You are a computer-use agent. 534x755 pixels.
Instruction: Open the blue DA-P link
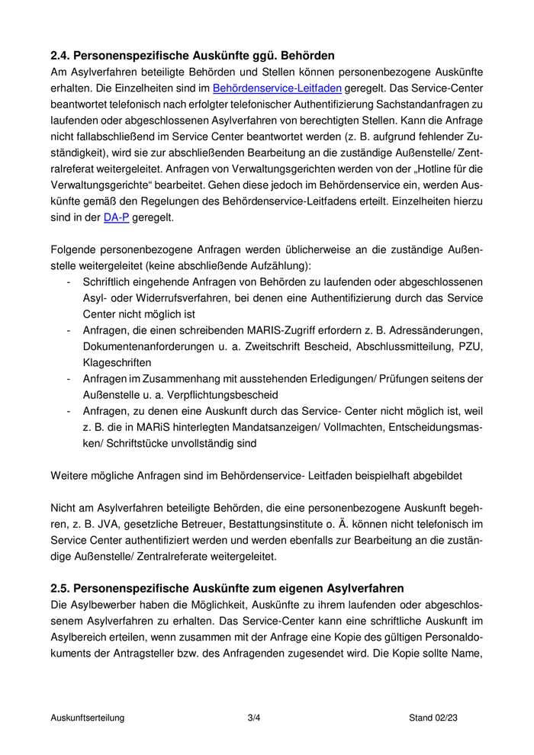click(116, 217)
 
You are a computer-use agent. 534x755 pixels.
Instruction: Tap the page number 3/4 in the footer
click(254, 718)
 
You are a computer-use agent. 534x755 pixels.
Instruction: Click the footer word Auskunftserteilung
click(88, 718)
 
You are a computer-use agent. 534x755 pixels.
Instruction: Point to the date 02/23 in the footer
click(445, 718)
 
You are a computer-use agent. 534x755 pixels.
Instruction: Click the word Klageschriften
click(117, 362)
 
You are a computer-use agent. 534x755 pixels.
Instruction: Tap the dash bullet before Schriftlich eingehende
click(69, 282)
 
